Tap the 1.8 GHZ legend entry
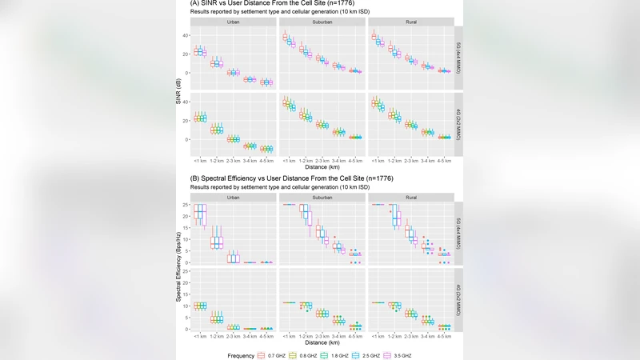[x=335, y=354]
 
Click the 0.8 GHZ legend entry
[x=303, y=354]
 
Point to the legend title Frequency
[x=241, y=354]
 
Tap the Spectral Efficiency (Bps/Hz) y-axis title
[x=180, y=264]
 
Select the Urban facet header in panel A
[x=234, y=22]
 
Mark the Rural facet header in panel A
[x=411, y=22]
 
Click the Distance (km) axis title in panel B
[x=322, y=342]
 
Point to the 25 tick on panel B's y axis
[x=187, y=205]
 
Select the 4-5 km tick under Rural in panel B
[x=442, y=335]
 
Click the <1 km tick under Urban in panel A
[x=200, y=161]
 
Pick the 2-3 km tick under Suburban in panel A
[x=322, y=161]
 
